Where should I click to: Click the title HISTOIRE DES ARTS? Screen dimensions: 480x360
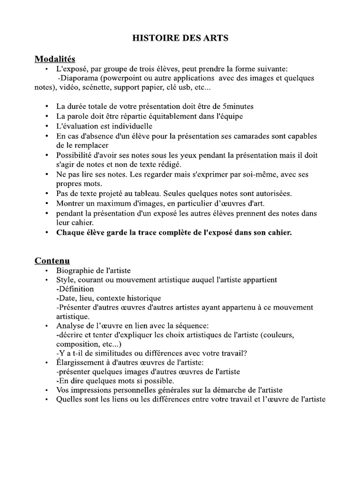click(x=180, y=38)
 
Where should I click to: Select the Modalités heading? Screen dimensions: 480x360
click(x=55, y=59)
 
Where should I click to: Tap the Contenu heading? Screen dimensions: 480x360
click(x=52, y=260)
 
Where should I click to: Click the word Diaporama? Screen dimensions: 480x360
click(x=80, y=78)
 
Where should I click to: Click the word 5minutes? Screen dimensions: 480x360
click(x=231, y=106)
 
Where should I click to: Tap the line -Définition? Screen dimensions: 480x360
click(x=75, y=289)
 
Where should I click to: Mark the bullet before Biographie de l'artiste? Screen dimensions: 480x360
click(x=46, y=270)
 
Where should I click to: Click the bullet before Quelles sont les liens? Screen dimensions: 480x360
click(x=46, y=400)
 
